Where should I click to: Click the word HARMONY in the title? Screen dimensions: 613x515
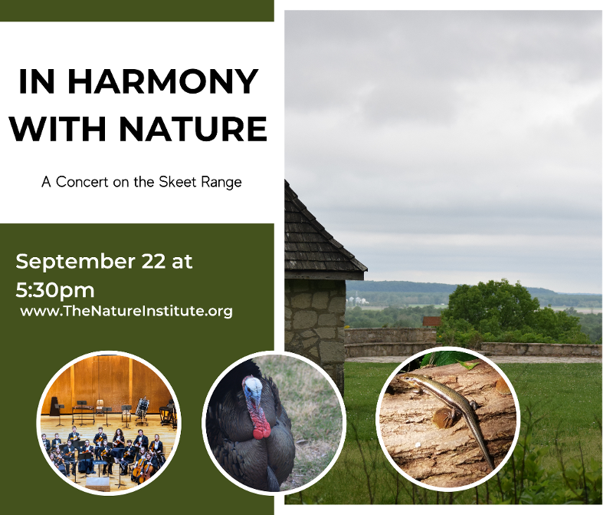[x=162, y=82]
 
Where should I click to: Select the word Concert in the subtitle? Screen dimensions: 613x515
[x=82, y=182]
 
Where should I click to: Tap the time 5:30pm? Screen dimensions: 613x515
[x=55, y=291]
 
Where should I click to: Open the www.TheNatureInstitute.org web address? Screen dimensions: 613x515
[x=126, y=311]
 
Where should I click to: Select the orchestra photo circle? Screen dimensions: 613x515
[x=109, y=423]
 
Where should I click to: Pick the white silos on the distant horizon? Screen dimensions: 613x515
[x=358, y=300]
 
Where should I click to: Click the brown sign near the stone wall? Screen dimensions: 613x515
[x=431, y=322]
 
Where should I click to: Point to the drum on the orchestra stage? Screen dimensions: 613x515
[x=142, y=407]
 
